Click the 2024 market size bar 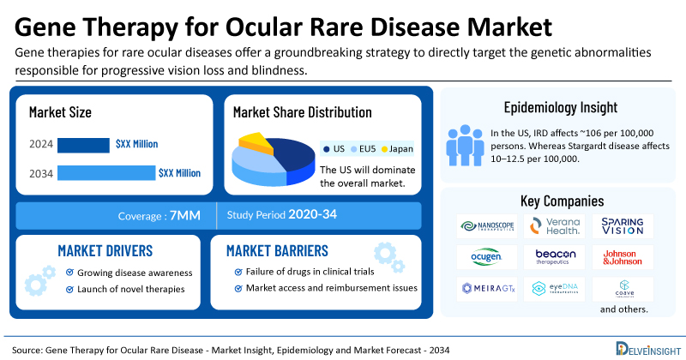pyautogui.click(x=82, y=144)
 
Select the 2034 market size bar pyautogui.click(x=105, y=173)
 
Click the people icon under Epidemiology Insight pyautogui.click(x=464, y=145)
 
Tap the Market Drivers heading pyautogui.click(x=105, y=250)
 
